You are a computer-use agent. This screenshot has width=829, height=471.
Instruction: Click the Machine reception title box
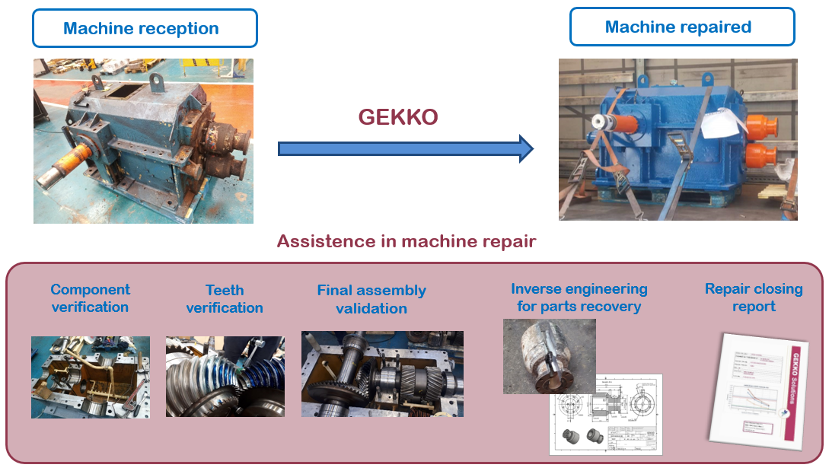(x=145, y=28)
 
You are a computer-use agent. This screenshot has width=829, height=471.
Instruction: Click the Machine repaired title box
(x=682, y=27)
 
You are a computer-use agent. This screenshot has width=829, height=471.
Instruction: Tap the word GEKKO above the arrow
(x=398, y=117)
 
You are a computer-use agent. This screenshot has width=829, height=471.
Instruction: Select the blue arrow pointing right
(x=404, y=148)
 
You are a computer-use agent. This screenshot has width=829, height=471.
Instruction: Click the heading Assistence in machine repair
(x=407, y=242)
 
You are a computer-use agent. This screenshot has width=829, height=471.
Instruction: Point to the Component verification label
(x=90, y=298)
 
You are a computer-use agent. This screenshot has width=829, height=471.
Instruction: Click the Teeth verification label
(x=225, y=299)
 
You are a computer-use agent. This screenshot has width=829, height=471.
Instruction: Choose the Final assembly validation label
(x=371, y=300)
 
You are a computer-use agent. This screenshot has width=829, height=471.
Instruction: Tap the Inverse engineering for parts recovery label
(x=579, y=298)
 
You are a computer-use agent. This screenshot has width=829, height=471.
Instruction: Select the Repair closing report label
(x=754, y=298)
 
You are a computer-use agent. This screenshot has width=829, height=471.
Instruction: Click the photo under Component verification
(x=91, y=377)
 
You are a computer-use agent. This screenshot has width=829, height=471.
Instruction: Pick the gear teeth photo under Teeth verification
(x=225, y=377)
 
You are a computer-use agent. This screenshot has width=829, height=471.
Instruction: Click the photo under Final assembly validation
(x=382, y=374)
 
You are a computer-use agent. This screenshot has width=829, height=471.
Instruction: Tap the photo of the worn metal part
(x=549, y=355)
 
